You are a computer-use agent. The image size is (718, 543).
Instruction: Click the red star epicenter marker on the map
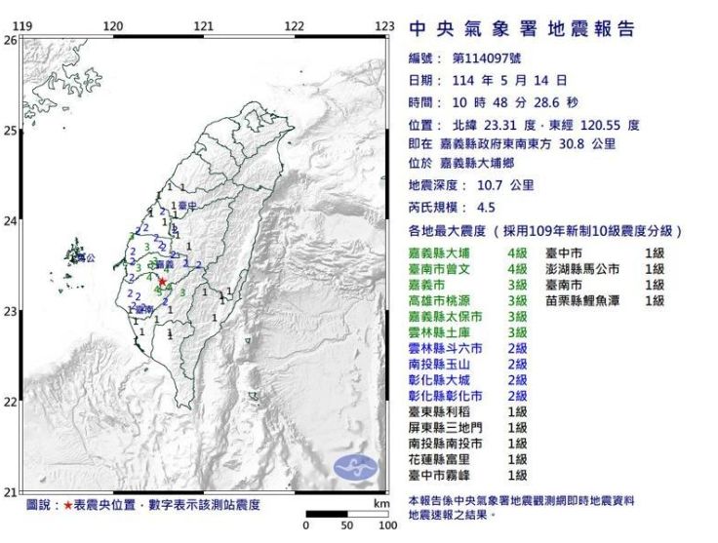pyautogui.click(x=162, y=282)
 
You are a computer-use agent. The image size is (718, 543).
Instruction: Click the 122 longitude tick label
pyautogui.click(x=294, y=25)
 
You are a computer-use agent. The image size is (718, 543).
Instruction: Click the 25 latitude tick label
pyautogui.click(x=11, y=130)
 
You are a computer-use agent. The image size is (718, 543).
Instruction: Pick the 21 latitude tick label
pyautogui.click(x=11, y=492)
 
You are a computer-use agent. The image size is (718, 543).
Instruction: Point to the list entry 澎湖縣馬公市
pyautogui.click(x=591, y=269)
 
